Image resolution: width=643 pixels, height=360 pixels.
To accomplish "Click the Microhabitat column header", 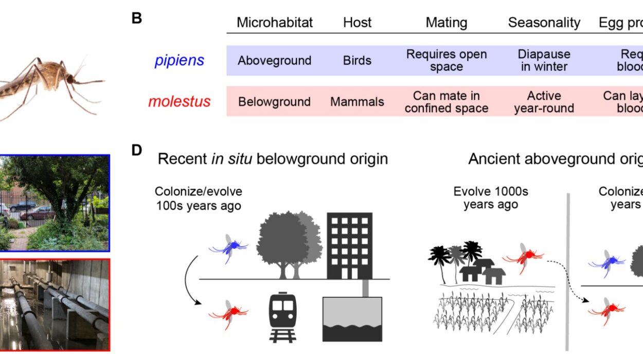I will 274,23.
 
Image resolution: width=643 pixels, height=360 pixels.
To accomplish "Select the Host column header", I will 357,23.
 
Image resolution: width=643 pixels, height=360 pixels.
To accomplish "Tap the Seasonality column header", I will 544,23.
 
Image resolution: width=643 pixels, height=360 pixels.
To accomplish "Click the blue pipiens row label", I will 179,60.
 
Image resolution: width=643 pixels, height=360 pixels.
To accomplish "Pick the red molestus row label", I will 179,101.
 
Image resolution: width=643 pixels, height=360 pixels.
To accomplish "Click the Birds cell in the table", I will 357,60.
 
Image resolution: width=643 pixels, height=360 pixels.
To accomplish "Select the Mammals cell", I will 357,102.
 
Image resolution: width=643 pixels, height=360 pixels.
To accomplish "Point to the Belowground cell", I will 274,102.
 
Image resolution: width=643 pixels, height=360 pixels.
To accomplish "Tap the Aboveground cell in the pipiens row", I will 274,60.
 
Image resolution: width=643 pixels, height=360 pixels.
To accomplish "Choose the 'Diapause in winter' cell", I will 544,60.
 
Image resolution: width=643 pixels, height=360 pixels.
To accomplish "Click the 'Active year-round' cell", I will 544,102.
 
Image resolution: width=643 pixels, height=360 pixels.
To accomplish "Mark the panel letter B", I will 137,19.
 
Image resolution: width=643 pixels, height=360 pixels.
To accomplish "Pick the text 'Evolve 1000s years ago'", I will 490,198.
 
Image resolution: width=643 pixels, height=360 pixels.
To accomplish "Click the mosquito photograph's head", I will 73,80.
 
